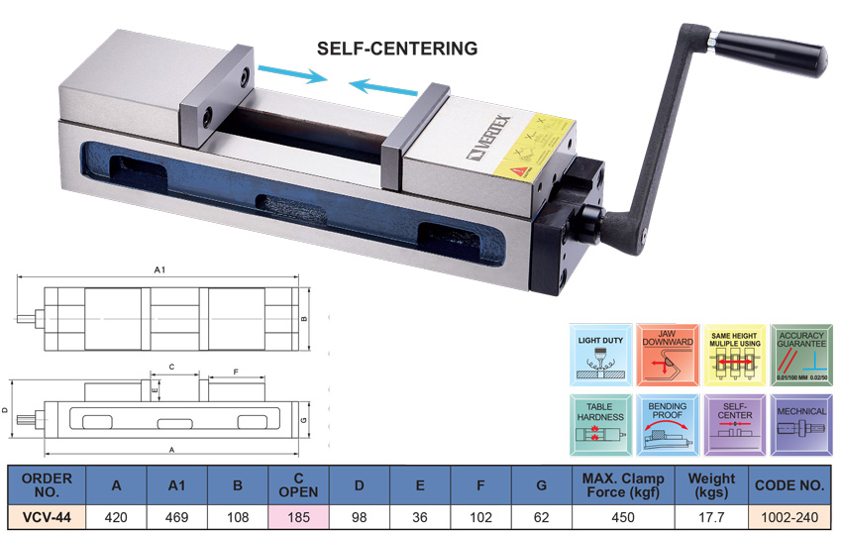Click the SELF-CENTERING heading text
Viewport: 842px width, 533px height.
pyautogui.click(x=396, y=48)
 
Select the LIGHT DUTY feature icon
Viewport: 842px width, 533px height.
pyautogui.click(x=600, y=354)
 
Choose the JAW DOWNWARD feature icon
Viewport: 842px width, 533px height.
pyautogui.click(x=668, y=354)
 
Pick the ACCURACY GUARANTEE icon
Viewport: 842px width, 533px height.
pyautogui.click(x=802, y=354)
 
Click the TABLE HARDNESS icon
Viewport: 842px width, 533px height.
pyautogui.click(x=600, y=424)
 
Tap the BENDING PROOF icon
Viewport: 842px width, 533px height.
pyautogui.click(x=668, y=424)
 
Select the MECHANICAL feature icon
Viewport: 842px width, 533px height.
pyautogui.click(x=802, y=424)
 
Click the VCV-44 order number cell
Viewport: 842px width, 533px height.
pyautogui.click(x=46, y=516)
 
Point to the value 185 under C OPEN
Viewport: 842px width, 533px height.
pyautogui.click(x=298, y=516)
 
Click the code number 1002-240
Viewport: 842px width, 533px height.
pyautogui.click(x=789, y=516)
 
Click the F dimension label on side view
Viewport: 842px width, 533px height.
pyautogui.click(x=236, y=372)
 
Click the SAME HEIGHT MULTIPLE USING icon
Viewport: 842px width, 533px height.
pyautogui.click(x=735, y=354)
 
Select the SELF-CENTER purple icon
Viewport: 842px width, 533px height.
pyautogui.click(x=735, y=424)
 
